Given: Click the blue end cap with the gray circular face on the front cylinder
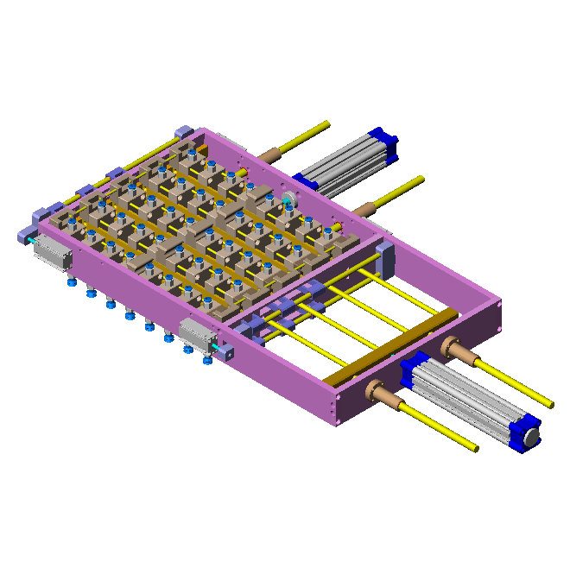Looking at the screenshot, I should pos(528,436).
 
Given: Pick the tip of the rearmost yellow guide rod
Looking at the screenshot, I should pos(326,123).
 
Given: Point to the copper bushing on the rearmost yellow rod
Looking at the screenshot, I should pos(271,155).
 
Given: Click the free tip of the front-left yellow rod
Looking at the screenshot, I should pos(474,448).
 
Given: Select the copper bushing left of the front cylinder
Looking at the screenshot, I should pos(379,393).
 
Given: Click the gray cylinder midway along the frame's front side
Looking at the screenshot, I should pos(197,332).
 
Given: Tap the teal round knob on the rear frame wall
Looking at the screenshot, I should pos(287,201).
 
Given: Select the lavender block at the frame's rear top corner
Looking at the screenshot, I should pos(182,131).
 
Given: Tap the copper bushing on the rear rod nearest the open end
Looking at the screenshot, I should pos(366,207).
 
